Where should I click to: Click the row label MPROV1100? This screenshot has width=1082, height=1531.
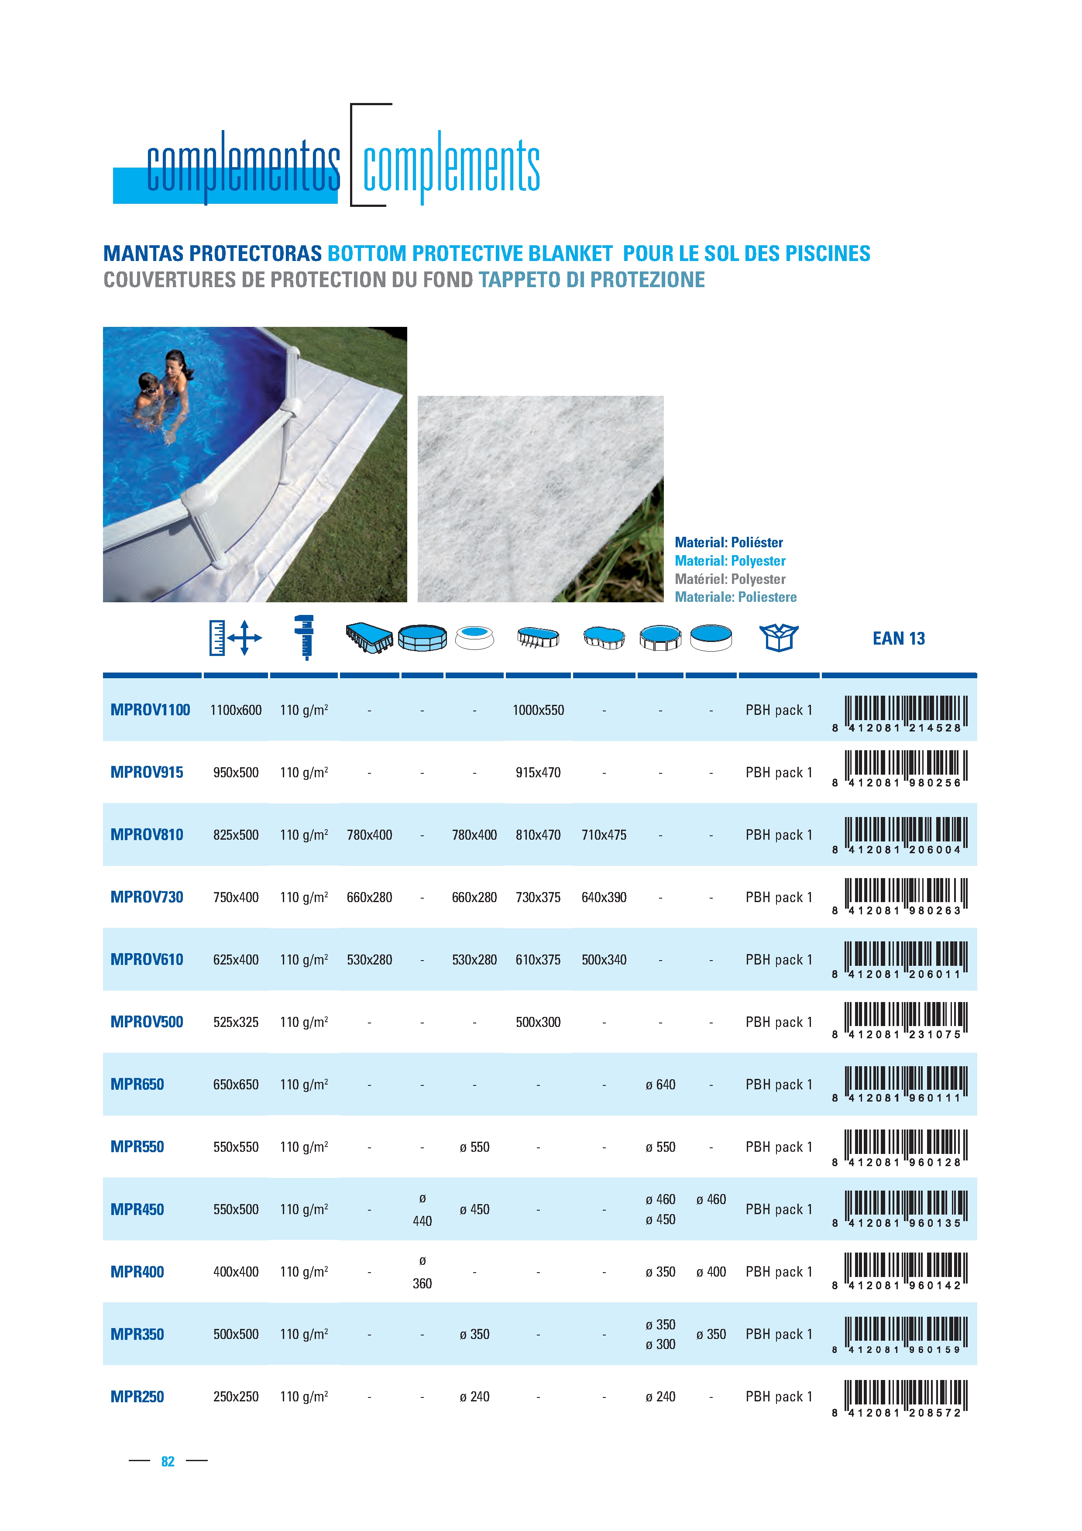tap(150, 710)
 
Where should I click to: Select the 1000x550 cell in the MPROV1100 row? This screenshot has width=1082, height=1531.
tap(538, 710)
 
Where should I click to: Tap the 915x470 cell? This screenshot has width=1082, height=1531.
tap(538, 773)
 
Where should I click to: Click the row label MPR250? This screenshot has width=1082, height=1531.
tap(137, 1397)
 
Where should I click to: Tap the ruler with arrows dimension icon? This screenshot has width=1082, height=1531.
tap(235, 638)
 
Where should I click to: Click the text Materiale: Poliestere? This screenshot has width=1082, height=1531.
tap(735, 597)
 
